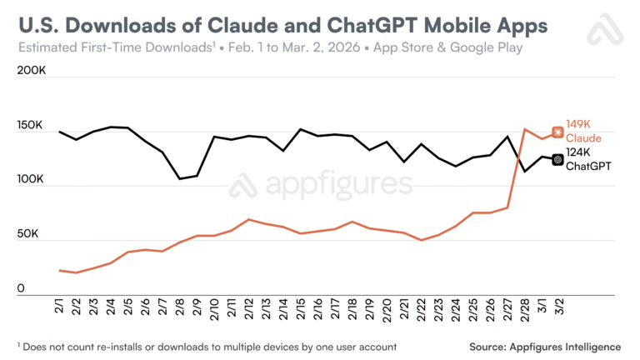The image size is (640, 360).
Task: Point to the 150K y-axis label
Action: (30, 127)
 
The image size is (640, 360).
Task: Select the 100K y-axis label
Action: (30, 181)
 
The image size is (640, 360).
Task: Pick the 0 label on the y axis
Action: (21, 289)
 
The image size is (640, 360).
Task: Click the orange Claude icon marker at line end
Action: (557, 132)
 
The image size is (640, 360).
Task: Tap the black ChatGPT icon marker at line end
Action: (557, 158)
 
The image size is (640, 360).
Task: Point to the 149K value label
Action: (578, 124)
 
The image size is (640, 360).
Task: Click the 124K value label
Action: (578, 152)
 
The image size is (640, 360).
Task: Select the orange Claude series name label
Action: (583, 137)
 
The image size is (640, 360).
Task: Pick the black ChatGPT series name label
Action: (588, 166)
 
